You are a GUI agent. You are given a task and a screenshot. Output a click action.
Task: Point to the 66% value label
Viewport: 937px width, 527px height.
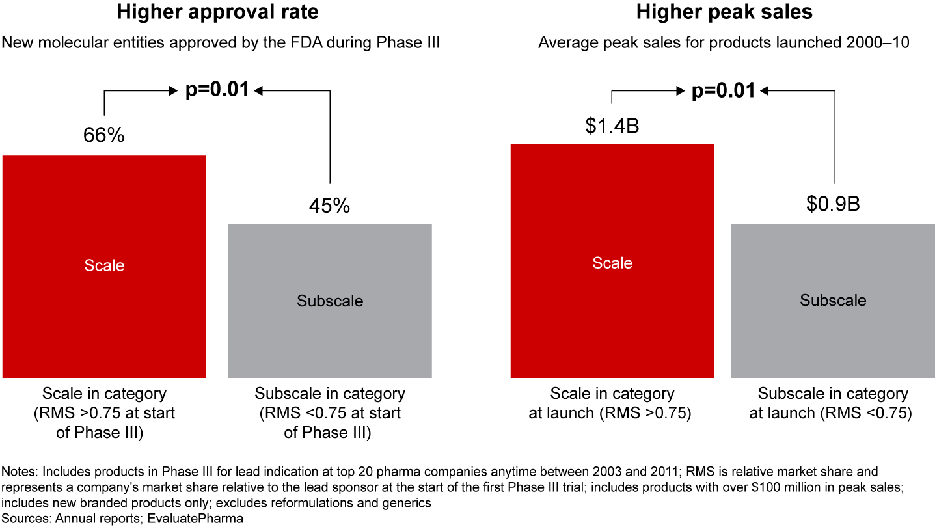[103, 135]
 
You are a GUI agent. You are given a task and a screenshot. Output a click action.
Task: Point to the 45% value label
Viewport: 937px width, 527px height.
[329, 206]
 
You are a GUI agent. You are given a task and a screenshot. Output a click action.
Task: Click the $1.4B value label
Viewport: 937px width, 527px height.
[612, 126]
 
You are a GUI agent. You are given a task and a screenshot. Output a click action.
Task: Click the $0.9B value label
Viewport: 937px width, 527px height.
[833, 204]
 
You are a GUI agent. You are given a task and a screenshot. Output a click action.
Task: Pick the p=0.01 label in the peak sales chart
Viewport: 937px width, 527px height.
[723, 90]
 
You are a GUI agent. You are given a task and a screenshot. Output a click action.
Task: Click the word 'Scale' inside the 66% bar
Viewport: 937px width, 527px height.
[104, 265]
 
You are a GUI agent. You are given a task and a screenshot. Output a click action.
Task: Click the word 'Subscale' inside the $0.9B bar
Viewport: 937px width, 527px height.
[833, 301]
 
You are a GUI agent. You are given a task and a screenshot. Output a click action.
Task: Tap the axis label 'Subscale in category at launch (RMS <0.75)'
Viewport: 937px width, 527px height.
[833, 403]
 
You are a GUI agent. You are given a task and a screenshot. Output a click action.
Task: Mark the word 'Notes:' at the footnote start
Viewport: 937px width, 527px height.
[20, 471]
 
